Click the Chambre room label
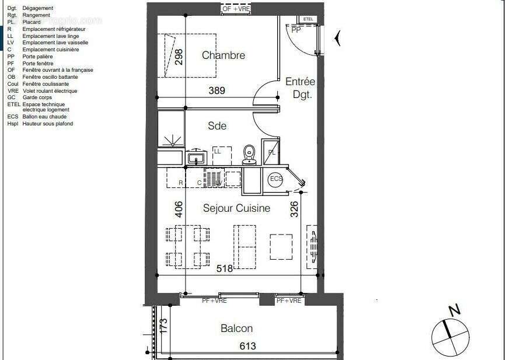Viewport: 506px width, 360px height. [x=223, y=55]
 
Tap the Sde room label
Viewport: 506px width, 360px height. [x=217, y=126]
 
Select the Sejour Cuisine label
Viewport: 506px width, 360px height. [x=236, y=208]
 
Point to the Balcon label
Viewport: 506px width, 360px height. [x=236, y=328]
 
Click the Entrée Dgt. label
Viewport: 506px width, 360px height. [x=300, y=88]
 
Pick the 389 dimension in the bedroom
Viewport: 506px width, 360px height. [x=217, y=90]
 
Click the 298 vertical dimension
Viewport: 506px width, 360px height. [x=179, y=57]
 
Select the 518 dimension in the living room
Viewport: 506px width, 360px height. [x=224, y=268]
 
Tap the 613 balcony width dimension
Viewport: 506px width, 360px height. [x=247, y=346]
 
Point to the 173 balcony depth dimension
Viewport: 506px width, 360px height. [x=164, y=326]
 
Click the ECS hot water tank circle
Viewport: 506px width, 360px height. [x=275, y=179]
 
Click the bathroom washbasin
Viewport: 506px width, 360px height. [x=196, y=158]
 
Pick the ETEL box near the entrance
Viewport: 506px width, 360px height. [x=308, y=19]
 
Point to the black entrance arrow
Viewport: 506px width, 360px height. [x=337, y=39]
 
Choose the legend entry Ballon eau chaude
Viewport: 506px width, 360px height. [x=44, y=117]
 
